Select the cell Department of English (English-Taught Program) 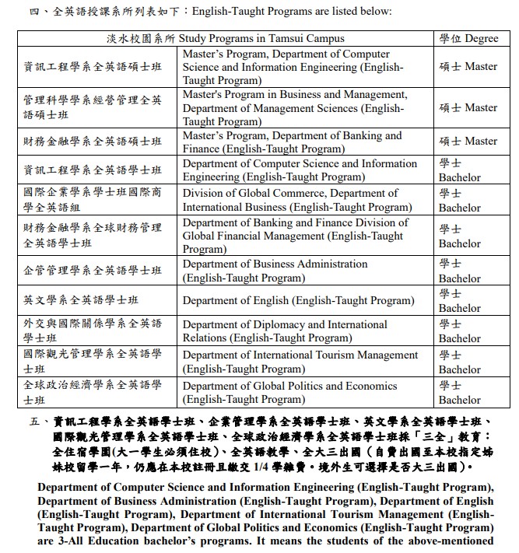pyautogui.click(x=298, y=300)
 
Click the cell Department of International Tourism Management pyautogui.click(x=300, y=362)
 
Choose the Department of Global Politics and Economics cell pyautogui.click(x=289, y=393)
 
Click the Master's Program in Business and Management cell pyautogui.click(x=295, y=108)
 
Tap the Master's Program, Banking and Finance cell pyautogui.click(x=292, y=142)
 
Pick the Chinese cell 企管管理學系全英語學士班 pyautogui.click(x=93, y=271)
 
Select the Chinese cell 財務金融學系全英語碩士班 pyautogui.click(x=93, y=142)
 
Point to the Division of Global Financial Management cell pyautogui.click(x=295, y=236)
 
